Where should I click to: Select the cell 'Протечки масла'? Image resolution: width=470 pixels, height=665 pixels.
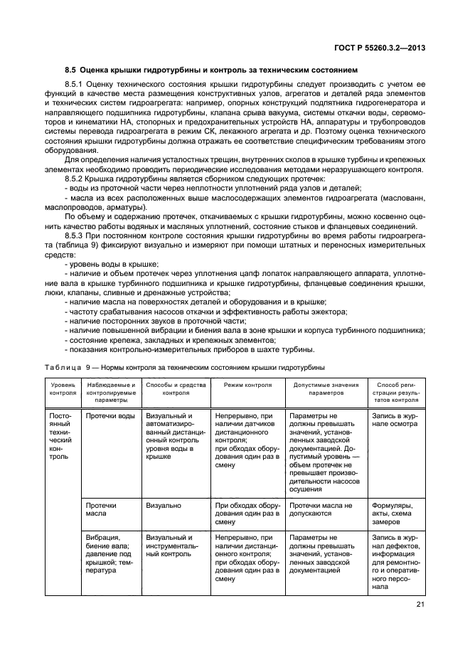[101, 509]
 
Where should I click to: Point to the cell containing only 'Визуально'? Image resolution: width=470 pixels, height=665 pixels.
[163, 506]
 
